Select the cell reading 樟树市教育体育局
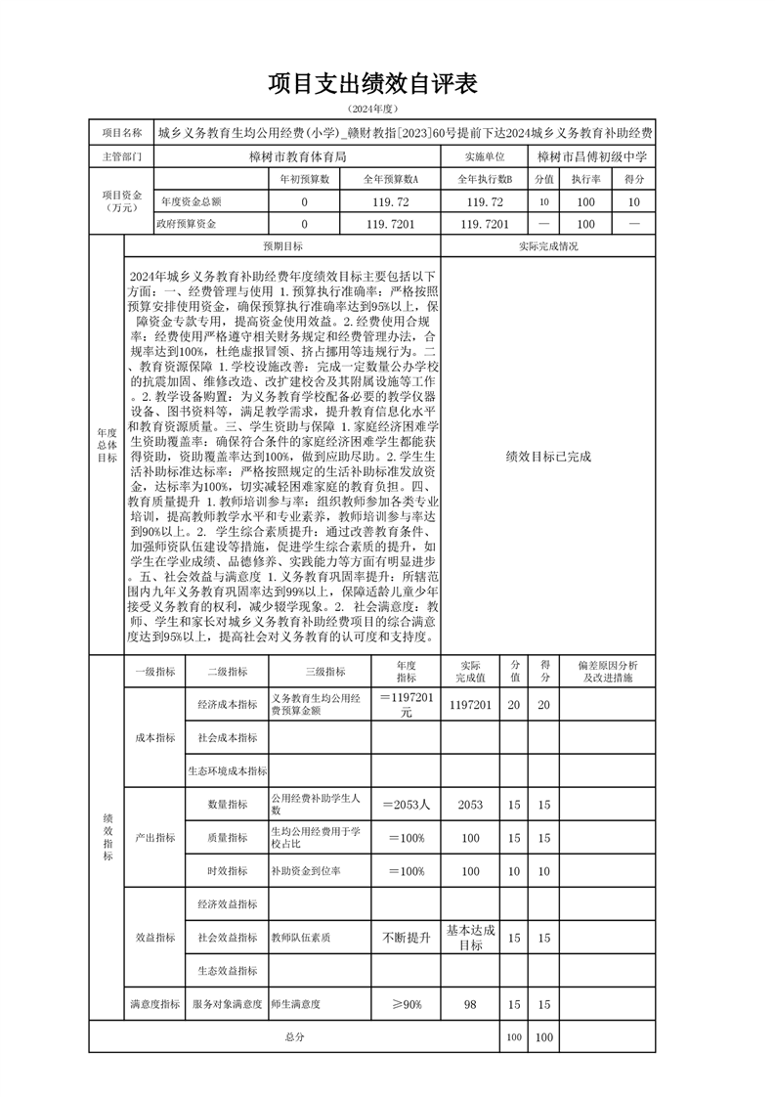[x=298, y=155]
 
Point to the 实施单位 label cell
[x=485, y=155]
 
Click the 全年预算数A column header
[x=391, y=179]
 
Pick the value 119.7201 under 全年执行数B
[x=485, y=224]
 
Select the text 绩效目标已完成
[x=548, y=456]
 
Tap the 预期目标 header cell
[x=283, y=246]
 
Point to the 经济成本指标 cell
[x=227, y=705]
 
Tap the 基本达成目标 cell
[x=470, y=938]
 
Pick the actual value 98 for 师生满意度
[x=470, y=1004]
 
